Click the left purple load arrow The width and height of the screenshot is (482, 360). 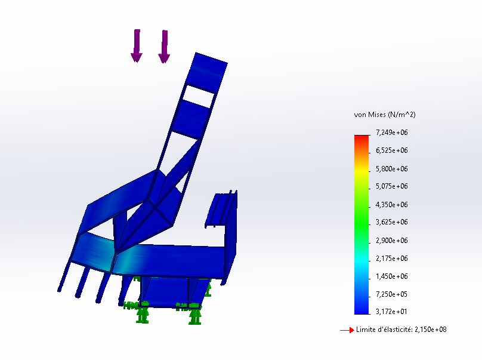137,45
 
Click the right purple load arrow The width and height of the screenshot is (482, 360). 164,46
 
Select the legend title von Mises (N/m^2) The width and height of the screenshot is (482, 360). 385,115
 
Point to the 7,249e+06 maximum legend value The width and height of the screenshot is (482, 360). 391,133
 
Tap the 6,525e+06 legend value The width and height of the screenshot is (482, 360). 391,150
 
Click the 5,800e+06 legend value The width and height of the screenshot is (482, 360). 391,168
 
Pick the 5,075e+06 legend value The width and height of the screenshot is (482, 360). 391,186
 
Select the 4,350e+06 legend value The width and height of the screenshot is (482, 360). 391,204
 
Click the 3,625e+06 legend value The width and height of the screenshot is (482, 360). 391,222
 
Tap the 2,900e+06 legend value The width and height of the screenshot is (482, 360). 391,241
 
